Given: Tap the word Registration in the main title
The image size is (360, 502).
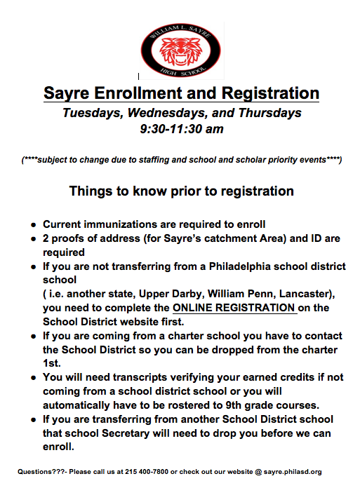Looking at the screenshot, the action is tap(271, 93).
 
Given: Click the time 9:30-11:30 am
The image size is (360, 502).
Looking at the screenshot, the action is tap(181, 129).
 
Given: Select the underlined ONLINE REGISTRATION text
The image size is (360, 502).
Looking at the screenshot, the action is tap(234, 308).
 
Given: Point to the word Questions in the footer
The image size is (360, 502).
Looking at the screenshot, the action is tap(37, 472).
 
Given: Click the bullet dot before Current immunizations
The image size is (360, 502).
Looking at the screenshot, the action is tap(33, 226).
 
